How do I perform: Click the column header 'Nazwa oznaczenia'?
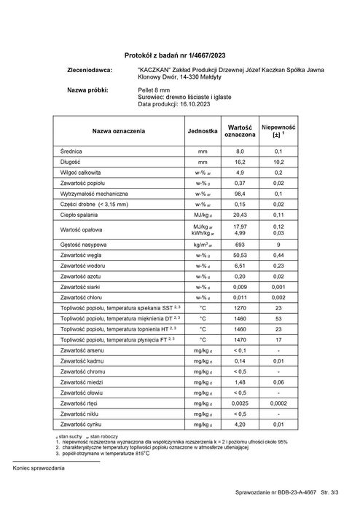click(x=118, y=130)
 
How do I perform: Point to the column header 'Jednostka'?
click(x=203, y=130)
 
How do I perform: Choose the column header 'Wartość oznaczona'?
click(x=240, y=130)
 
